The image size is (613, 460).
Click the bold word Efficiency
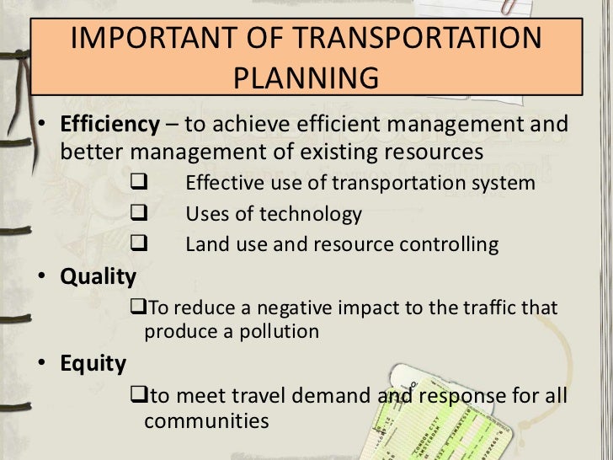(x=109, y=125)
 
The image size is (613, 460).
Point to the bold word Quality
(x=98, y=276)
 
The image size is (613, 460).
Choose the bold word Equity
(x=93, y=363)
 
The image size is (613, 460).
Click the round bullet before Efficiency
(x=42, y=126)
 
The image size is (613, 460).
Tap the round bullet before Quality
(x=42, y=277)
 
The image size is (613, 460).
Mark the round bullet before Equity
(x=42, y=364)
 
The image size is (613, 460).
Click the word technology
(x=311, y=215)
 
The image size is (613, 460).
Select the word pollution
(x=277, y=331)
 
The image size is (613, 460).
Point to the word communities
(x=206, y=420)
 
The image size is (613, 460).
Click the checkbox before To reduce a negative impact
(x=139, y=308)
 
